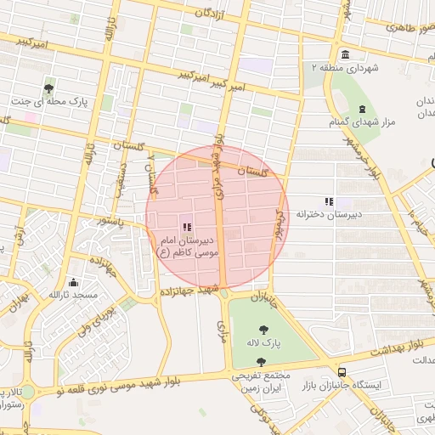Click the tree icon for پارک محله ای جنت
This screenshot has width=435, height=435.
pyautogui.click(x=50, y=87)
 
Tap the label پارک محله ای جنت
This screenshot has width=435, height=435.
pyautogui.click(x=50, y=101)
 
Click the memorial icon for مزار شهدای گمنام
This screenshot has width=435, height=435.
pyautogui.click(x=363, y=110)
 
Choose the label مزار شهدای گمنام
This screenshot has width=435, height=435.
pyautogui.click(x=363, y=124)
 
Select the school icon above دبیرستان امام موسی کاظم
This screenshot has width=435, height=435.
pyautogui.click(x=187, y=227)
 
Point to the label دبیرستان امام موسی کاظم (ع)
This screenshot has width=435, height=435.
pyautogui.click(x=187, y=246)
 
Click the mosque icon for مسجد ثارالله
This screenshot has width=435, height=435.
pyautogui.click(x=74, y=282)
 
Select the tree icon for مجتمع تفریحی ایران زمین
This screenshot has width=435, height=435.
pyautogui.click(x=260, y=362)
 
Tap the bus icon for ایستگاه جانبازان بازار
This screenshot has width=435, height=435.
pyautogui.click(x=342, y=372)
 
